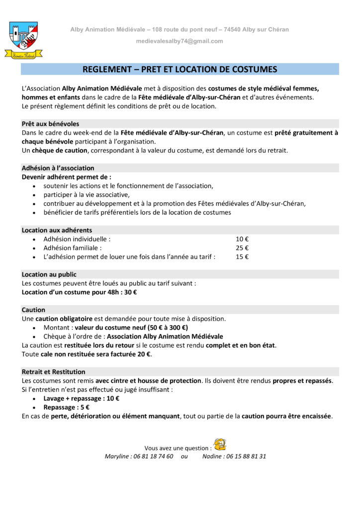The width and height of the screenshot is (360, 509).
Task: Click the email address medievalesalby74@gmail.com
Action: (x=180, y=41)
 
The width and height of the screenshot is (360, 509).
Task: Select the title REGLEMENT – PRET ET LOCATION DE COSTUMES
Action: (x=180, y=70)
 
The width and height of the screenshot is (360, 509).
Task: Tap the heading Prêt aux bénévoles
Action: (x=50, y=124)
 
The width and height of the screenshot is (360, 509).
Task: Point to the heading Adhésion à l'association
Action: (x=58, y=168)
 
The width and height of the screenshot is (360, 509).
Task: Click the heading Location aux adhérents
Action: (x=57, y=230)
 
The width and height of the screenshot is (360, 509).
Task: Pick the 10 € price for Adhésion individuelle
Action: (x=242, y=239)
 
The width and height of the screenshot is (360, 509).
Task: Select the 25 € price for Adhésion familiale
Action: (x=242, y=248)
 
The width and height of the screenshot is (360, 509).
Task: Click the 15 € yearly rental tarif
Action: (x=242, y=257)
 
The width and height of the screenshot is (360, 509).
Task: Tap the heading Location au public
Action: (x=49, y=274)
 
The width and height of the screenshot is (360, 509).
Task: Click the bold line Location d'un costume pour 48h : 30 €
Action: (x=80, y=292)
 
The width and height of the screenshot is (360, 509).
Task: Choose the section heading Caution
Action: (x=33, y=310)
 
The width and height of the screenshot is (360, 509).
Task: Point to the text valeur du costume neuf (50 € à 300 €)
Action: (x=131, y=328)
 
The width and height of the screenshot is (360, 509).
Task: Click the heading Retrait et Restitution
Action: (x=53, y=372)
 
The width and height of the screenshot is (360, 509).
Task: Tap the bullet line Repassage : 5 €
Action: (x=66, y=408)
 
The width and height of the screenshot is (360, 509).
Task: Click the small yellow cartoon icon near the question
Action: (x=219, y=444)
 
